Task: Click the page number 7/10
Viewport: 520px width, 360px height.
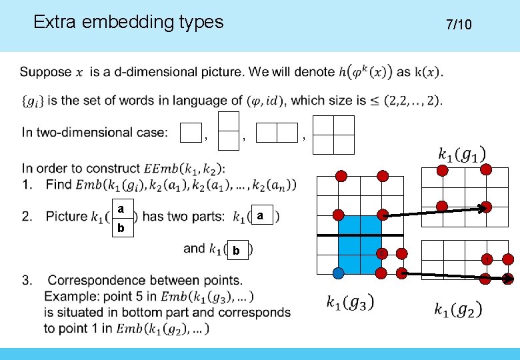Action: (459, 25)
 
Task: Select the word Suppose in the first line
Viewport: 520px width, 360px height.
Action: (46, 71)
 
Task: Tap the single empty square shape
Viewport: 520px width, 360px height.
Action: (192, 133)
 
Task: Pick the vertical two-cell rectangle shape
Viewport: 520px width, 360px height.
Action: (229, 130)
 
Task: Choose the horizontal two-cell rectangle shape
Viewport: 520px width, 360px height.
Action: (277, 133)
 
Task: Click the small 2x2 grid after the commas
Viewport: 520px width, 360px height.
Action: (333, 135)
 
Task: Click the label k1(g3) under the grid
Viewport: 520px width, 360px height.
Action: (349, 302)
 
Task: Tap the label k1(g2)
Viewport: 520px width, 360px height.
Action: (457, 309)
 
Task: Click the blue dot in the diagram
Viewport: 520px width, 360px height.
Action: (339, 273)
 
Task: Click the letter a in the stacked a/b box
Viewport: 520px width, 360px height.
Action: (121, 209)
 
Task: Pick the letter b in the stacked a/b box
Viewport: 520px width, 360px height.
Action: (121, 228)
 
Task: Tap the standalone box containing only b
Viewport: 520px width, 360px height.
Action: (237, 251)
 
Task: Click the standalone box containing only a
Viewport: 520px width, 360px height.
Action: (262, 216)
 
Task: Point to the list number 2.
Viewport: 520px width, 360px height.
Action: (27, 216)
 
